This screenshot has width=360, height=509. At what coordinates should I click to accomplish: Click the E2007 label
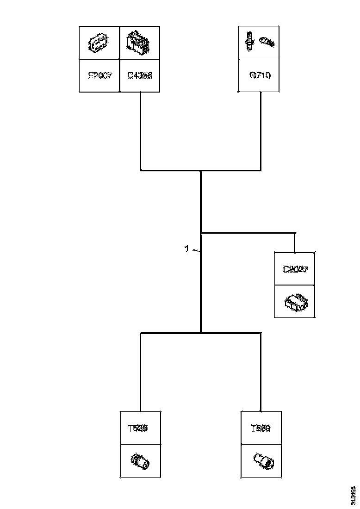click(x=100, y=75)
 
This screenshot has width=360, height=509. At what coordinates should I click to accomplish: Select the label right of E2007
click(x=139, y=75)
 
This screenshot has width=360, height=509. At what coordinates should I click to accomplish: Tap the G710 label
click(x=259, y=75)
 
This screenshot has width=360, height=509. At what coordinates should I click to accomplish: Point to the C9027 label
click(x=295, y=269)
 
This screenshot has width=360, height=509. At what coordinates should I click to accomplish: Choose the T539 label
click(x=261, y=428)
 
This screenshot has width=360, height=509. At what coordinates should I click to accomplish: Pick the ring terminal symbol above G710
click(x=267, y=42)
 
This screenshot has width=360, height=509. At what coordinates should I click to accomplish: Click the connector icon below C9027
click(x=295, y=302)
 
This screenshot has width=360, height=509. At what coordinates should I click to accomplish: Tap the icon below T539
click(x=264, y=461)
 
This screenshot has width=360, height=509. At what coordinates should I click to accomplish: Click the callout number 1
click(x=186, y=249)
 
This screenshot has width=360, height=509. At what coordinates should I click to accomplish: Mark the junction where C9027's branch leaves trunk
click(x=201, y=233)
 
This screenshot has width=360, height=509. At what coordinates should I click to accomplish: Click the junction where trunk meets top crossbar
click(x=201, y=171)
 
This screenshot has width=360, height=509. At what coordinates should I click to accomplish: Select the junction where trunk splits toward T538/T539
click(x=201, y=333)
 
